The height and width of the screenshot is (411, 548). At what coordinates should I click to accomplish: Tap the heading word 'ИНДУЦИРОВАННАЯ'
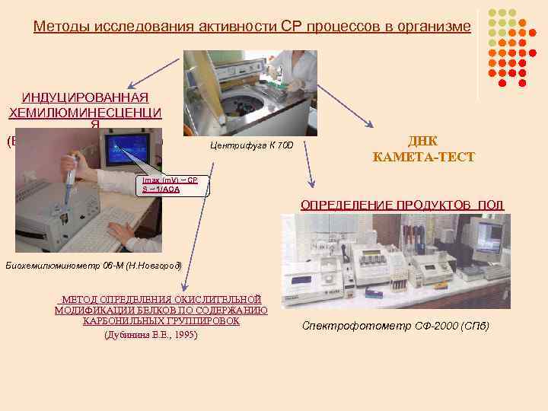84,98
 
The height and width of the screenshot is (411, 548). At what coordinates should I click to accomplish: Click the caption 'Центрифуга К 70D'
255,145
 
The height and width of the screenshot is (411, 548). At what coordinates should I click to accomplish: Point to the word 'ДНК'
423,142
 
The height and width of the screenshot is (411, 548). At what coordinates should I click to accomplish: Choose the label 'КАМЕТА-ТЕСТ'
423,158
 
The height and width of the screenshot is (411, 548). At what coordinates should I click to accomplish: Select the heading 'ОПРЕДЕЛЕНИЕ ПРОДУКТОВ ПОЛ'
403,205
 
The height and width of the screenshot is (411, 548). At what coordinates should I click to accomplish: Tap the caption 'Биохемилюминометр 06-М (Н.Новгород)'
94,265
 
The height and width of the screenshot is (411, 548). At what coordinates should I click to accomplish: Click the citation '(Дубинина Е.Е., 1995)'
150,335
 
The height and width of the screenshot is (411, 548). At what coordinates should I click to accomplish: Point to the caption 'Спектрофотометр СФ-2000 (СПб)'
395,326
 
